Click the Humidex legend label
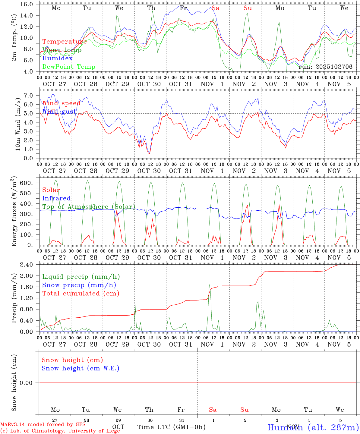coord(57,58)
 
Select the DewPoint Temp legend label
coord(69,67)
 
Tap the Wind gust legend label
coord(59,112)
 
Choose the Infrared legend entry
coord(56,198)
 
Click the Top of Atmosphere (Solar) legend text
coord(89,207)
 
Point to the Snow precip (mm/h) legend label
coord(79,285)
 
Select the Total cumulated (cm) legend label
coord(81,294)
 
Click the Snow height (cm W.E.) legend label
coord(80,368)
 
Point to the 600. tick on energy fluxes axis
coord(27,183)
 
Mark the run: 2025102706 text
coord(325,67)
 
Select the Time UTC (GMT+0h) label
coord(171,427)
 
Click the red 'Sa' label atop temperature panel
coord(215,8)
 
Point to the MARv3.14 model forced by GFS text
coord(43,425)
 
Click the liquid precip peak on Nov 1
coord(209,284)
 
